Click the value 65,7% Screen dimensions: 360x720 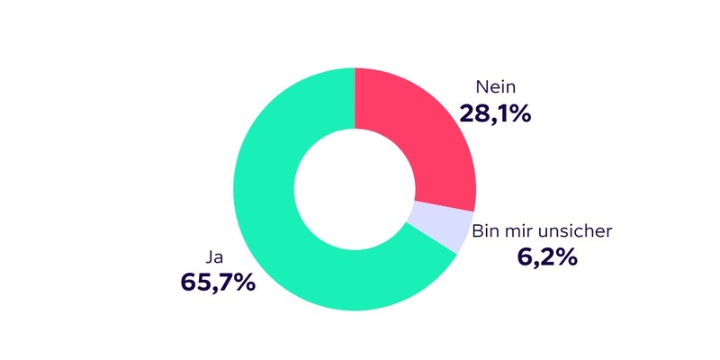point(218,282)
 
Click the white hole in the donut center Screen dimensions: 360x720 point(355,190)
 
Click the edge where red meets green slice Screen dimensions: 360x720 point(355,99)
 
